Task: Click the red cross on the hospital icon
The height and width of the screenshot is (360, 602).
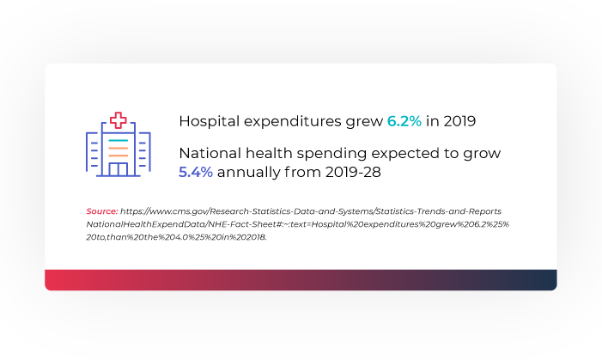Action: click(x=119, y=120)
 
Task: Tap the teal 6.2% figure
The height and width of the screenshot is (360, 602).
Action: click(x=404, y=121)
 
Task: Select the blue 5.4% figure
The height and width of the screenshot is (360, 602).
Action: click(x=196, y=172)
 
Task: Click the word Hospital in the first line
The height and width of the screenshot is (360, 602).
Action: click(x=210, y=121)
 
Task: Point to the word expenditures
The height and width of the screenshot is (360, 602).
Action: click(x=293, y=121)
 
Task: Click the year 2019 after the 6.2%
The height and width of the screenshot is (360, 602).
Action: click(x=459, y=121)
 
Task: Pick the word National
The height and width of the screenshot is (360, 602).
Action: click(x=210, y=153)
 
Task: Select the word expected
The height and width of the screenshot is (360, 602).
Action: click(x=405, y=154)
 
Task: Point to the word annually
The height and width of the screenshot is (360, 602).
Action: click(x=248, y=173)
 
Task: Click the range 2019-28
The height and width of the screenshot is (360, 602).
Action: click(x=353, y=172)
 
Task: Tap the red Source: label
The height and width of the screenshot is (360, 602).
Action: click(x=102, y=211)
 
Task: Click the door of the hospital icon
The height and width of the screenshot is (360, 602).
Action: click(x=119, y=169)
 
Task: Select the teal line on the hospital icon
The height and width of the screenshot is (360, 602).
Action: click(x=119, y=141)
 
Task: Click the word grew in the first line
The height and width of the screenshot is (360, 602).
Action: click(x=364, y=122)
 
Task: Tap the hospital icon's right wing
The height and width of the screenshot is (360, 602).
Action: click(x=144, y=153)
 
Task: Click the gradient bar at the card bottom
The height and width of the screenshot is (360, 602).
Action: click(x=301, y=280)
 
